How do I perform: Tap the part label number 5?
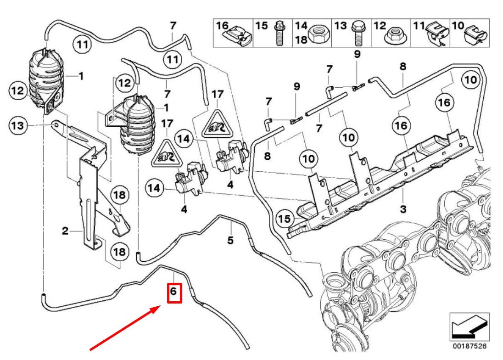pyautogui.click(x=230, y=240)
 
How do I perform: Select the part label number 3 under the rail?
pyautogui.click(x=403, y=209)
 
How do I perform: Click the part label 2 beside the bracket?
pyautogui.click(x=65, y=231)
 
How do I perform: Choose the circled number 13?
pyautogui.click(x=17, y=125)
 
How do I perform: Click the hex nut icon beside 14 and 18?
pyautogui.click(x=318, y=33)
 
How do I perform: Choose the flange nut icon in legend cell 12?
pyautogui.click(x=394, y=34)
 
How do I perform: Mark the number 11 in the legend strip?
pyautogui.click(x=419, y=26)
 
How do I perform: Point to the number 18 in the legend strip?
pyautogui.click(x=301, y=39)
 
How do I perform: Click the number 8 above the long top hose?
pyautogui.click(x=402, y=66)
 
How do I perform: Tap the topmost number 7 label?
pyautogui.click(x=173, y=25)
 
